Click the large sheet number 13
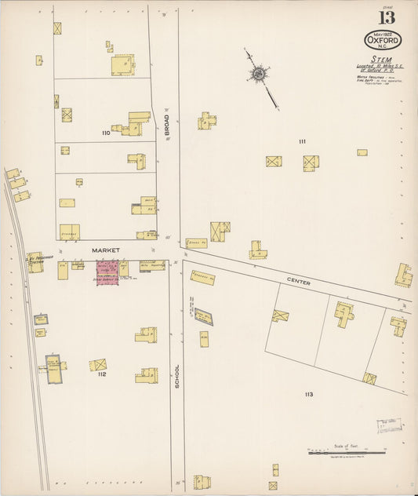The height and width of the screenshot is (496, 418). pos(387,17)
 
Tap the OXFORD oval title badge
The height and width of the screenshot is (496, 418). pos(383,39)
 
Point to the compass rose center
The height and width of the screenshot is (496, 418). pos(256,75)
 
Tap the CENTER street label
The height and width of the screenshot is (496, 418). pos(298,282)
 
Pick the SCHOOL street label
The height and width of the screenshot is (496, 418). pos(177,376)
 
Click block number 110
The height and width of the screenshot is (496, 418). pos(105,133)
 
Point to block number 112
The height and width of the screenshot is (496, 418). pos(102,374)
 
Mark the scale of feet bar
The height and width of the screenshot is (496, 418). pos(346,452)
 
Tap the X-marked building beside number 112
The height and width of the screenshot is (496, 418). pos(98,364)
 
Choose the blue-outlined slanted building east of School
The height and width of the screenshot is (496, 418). pos(203,316)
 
